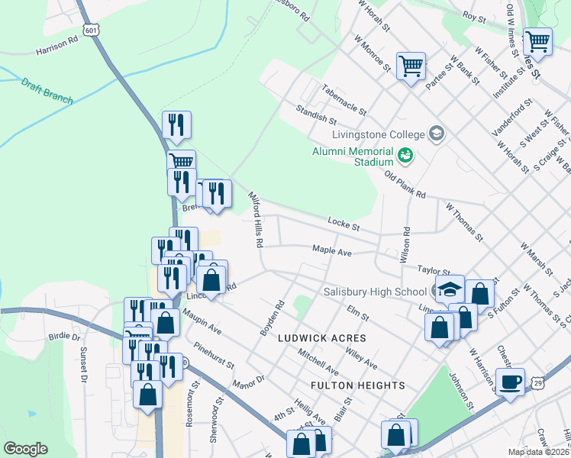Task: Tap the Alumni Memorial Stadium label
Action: coord(352,156)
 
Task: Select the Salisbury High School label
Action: coord(375,292)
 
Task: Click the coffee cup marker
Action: coord(510,382)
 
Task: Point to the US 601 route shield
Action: coord(92,30)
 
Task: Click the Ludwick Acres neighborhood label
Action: coord(321,337)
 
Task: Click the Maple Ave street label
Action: coord(331,250)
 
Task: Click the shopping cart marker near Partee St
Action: coord(411,66)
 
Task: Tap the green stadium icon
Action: coord(405,156)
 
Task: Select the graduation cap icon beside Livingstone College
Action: coord(437,134)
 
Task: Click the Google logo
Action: coord(25,449)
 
